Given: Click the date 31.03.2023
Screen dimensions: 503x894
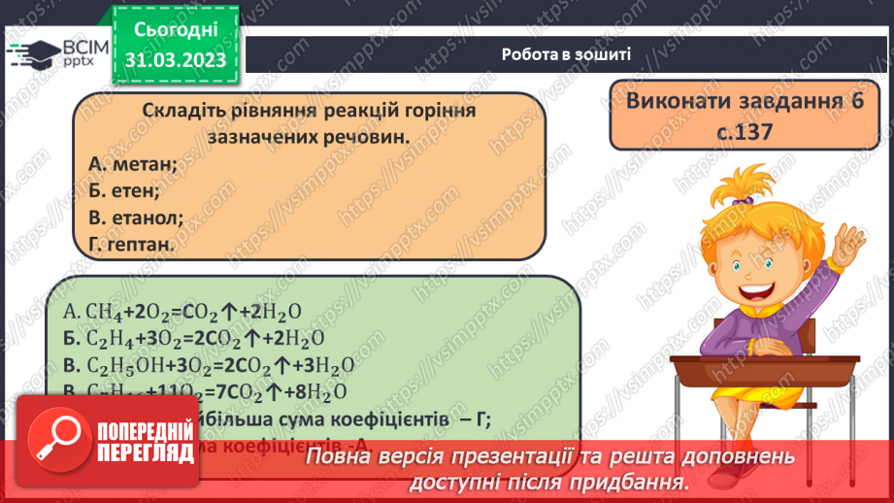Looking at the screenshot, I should pyautogui.click(x=177, y=60).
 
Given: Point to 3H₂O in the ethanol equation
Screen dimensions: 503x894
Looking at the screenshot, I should pyautogui.click(x=329, y=365).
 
